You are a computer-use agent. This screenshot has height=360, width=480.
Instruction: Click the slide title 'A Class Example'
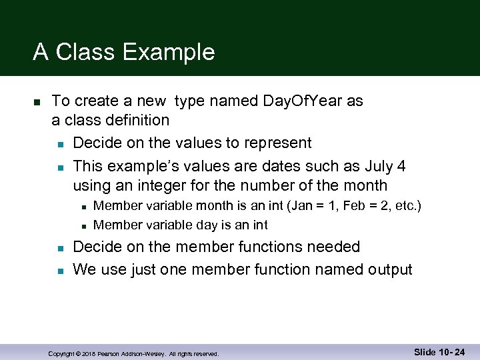point(124,52)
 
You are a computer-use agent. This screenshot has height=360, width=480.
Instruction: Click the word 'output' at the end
point(389,269)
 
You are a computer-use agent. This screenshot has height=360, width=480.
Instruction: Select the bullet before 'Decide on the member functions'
point(60,248)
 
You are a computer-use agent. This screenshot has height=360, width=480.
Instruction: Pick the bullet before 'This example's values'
point(60,167)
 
